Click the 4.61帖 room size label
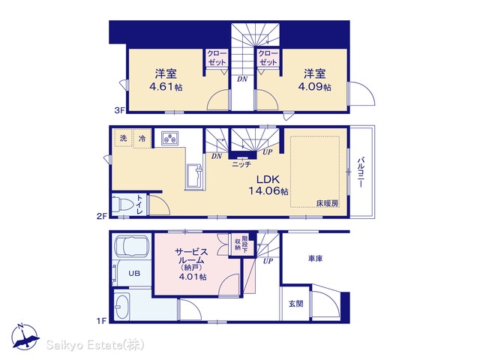coord(166,87)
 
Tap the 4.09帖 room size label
coord(315,87)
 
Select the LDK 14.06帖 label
coord(268,185)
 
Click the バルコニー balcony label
coord(360,172)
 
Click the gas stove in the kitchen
coord(170,138)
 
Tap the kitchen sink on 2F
coord(194,177)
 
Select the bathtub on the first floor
coord(131,246)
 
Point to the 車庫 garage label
coord(315,259)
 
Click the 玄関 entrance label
coord(296,304)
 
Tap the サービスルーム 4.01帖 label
coord(191,265)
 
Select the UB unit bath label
coord(134,273)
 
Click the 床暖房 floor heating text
coord(327,203)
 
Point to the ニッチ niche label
coord(241,164)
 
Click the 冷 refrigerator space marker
coord(142,139)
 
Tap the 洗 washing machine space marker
coord(123,138)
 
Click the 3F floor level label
coord(120,110)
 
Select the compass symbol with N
coord(25,337)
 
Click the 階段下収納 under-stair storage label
coord(241,244)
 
